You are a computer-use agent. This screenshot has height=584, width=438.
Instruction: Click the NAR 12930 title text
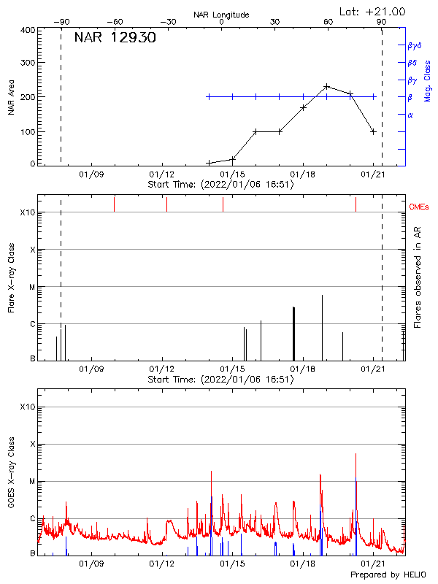[x=115, y=38]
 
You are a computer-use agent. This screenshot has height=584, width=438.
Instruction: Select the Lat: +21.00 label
[x=373, y=12]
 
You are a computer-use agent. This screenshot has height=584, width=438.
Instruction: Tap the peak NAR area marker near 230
[x=326, y=86]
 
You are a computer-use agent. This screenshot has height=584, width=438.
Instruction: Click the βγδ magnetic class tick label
[x=415, y=45]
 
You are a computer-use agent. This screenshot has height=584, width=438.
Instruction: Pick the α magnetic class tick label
[x=410, y=115]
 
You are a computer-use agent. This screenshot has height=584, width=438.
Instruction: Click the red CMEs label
[x=420, y=207]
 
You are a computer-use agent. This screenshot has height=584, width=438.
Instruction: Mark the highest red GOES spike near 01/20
[x=356, y=454]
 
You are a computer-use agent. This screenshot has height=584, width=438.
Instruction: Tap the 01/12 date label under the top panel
[x=161, y=175]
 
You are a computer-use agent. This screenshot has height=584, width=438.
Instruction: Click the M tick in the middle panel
[x=32, y=287]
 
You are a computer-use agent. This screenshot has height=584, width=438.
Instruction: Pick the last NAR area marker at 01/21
[x=373, y=131]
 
